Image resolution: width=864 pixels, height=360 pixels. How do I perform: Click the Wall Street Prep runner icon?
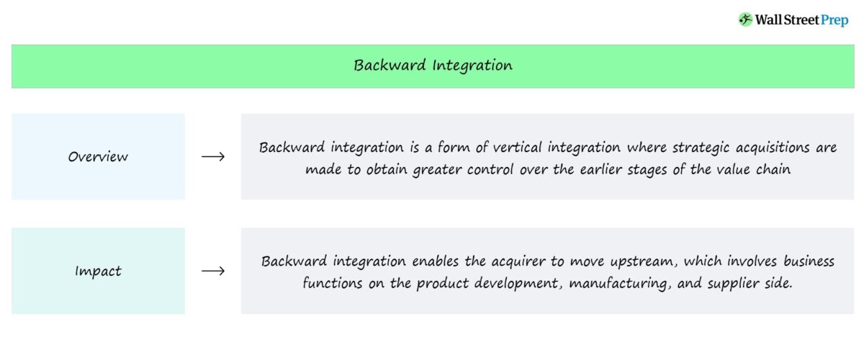click(x=745, y=20)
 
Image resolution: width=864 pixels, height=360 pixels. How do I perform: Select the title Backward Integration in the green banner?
click(x=433, y=66)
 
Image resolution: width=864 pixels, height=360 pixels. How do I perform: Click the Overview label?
click(x=98, y=156)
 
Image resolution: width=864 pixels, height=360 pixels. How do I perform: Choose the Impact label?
click(x=98, y=271)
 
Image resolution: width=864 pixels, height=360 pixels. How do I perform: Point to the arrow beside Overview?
click(x=213, y=157)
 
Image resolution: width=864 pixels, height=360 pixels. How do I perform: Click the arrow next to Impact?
click(x=213, y=271)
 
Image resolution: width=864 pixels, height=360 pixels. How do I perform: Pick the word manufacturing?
click(x=618, y=284)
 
